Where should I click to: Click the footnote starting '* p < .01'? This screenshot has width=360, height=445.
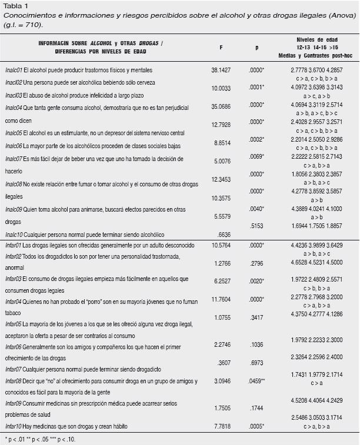point(39,439)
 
